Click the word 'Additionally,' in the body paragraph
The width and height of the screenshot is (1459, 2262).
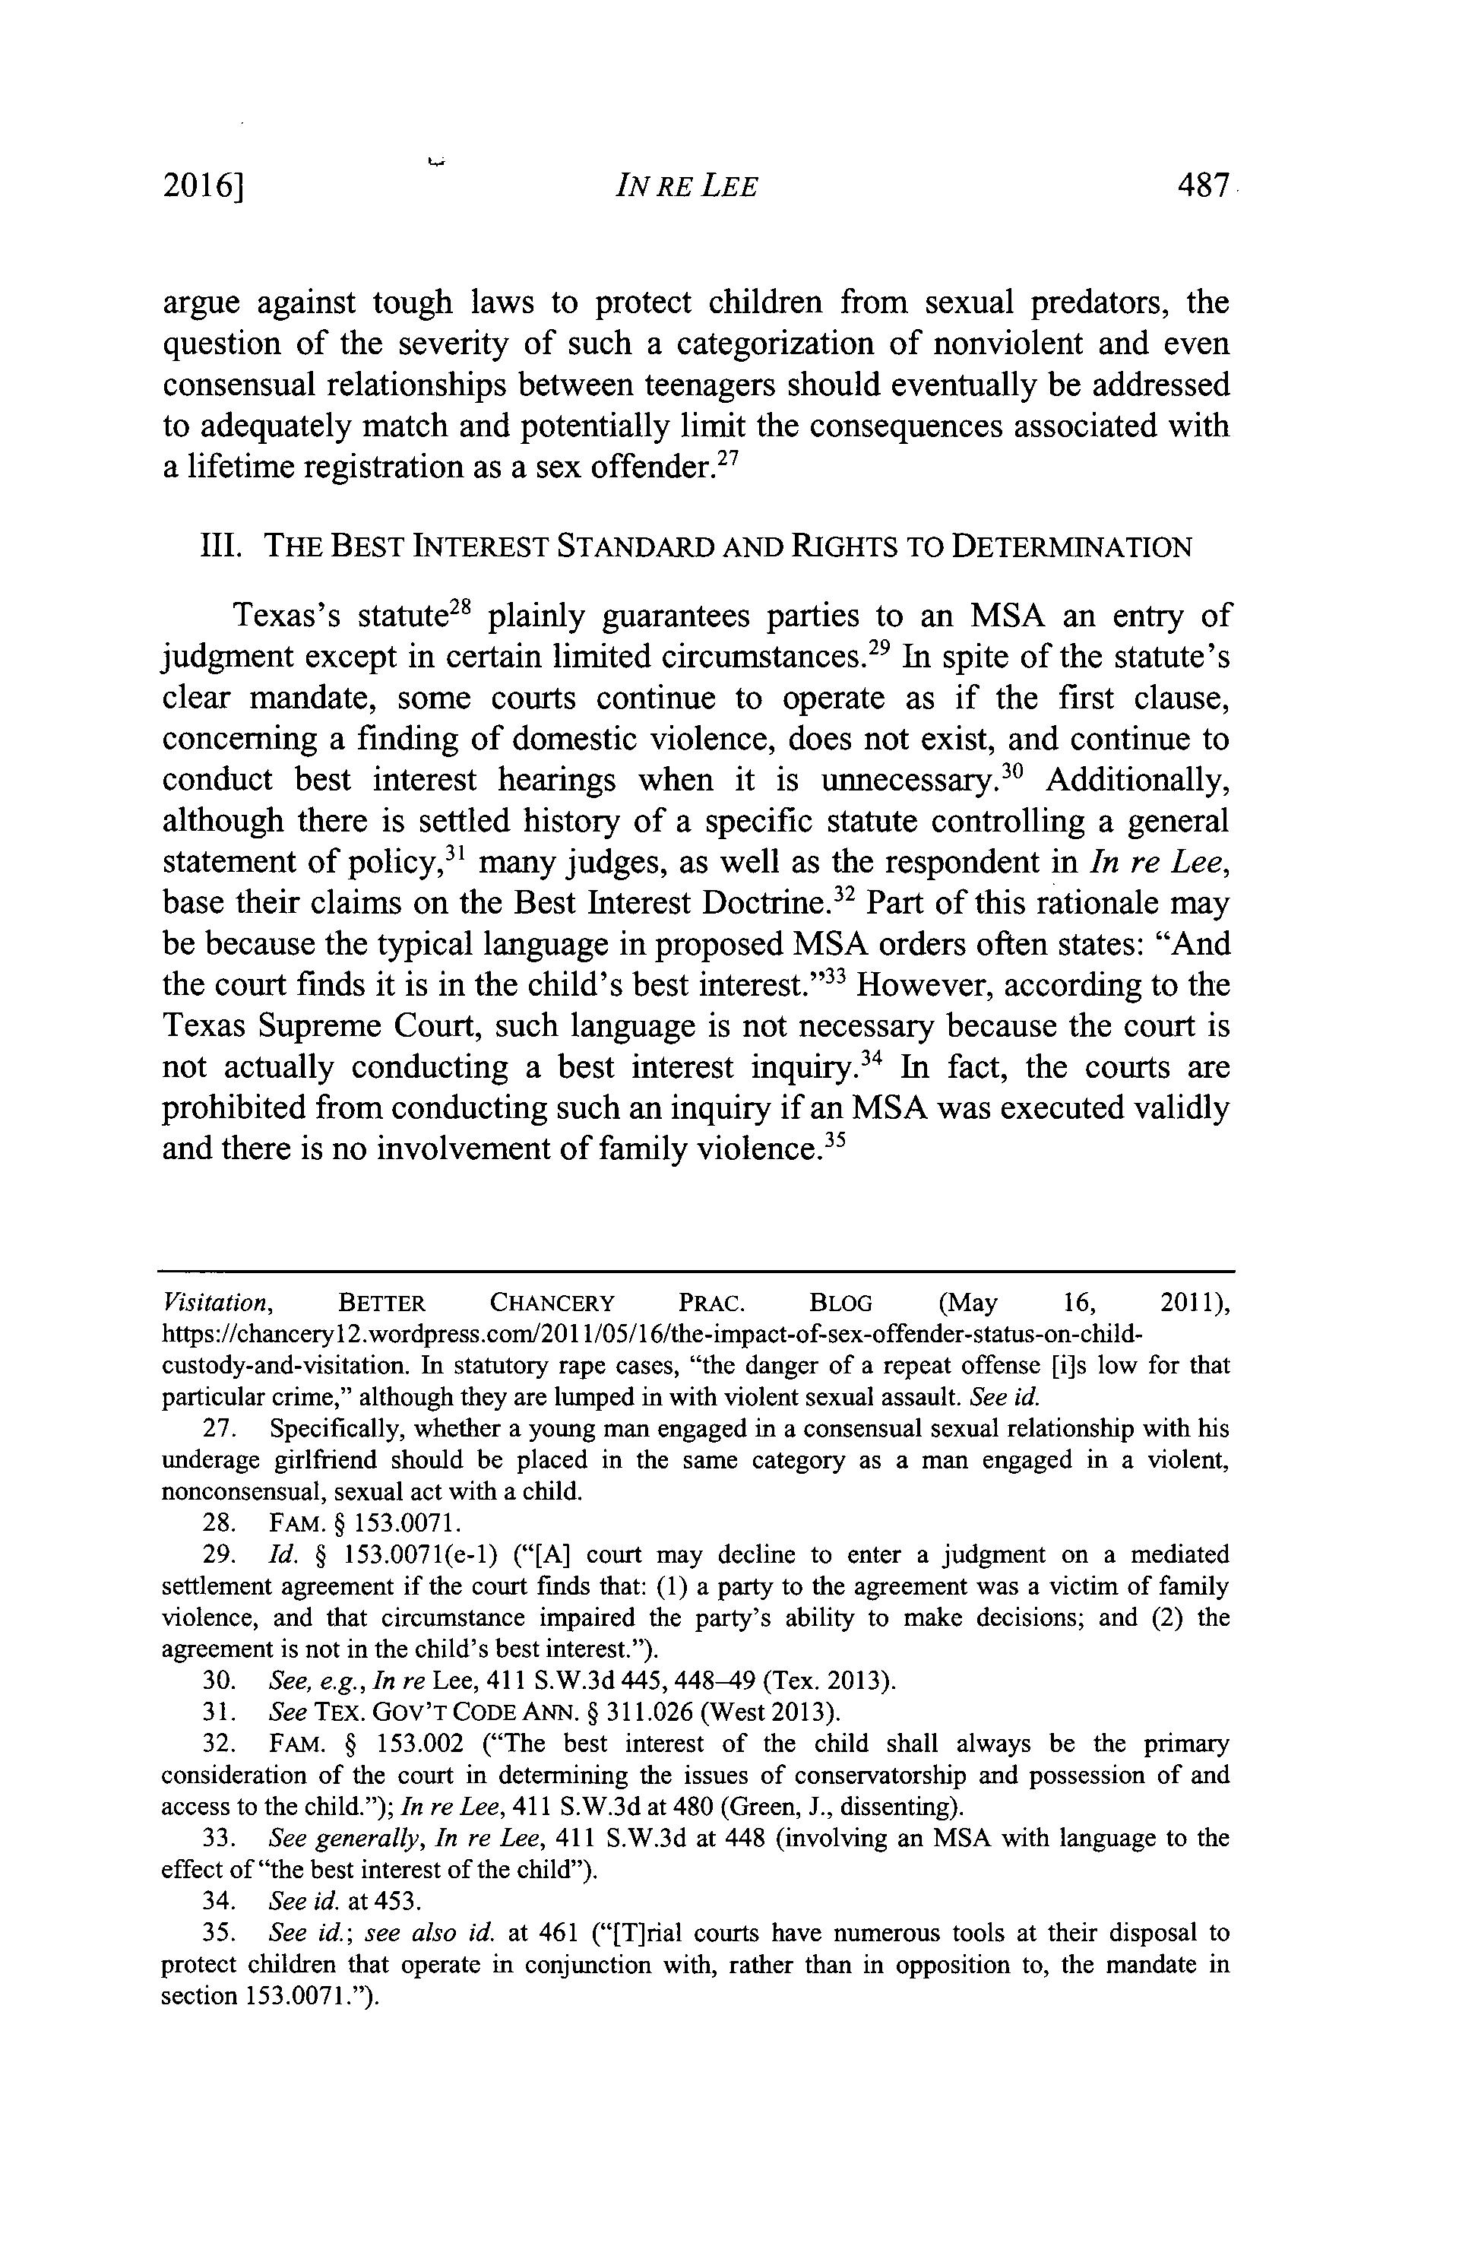1138,780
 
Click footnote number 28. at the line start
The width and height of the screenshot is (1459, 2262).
218,1523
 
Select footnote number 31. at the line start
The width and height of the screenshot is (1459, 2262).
218,1712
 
